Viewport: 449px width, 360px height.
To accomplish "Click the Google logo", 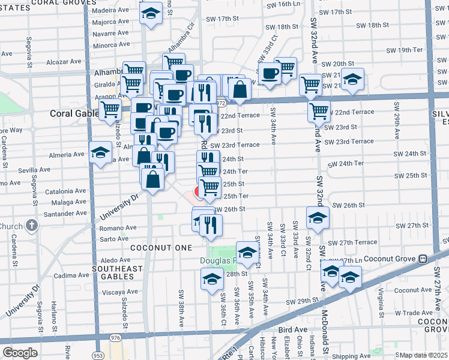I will coord(20,353).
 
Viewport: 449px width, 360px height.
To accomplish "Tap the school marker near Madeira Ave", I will coord(151,12).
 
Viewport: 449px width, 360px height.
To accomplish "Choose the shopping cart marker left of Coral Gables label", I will coord(110,110).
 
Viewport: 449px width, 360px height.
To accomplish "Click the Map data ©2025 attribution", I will coord(423,355).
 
